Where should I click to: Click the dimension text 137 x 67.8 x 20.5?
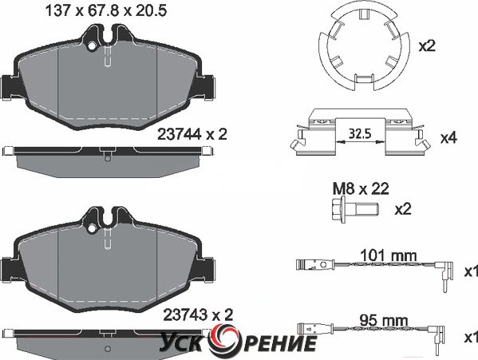[x=106, y=11]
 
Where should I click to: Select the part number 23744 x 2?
[x=192, y=134]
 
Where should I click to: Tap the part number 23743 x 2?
[x=198, y=315]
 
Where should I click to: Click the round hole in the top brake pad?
[x=91, y=46]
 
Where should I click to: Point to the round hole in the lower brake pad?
[x=91, y=228]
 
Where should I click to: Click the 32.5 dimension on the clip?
[x=360, y=133]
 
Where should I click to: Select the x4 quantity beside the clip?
[x=448, y=138]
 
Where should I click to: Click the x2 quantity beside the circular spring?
[x=427, y=46]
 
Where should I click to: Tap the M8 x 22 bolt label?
[x=361, y=189]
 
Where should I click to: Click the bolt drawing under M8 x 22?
[x=354, y=210]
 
